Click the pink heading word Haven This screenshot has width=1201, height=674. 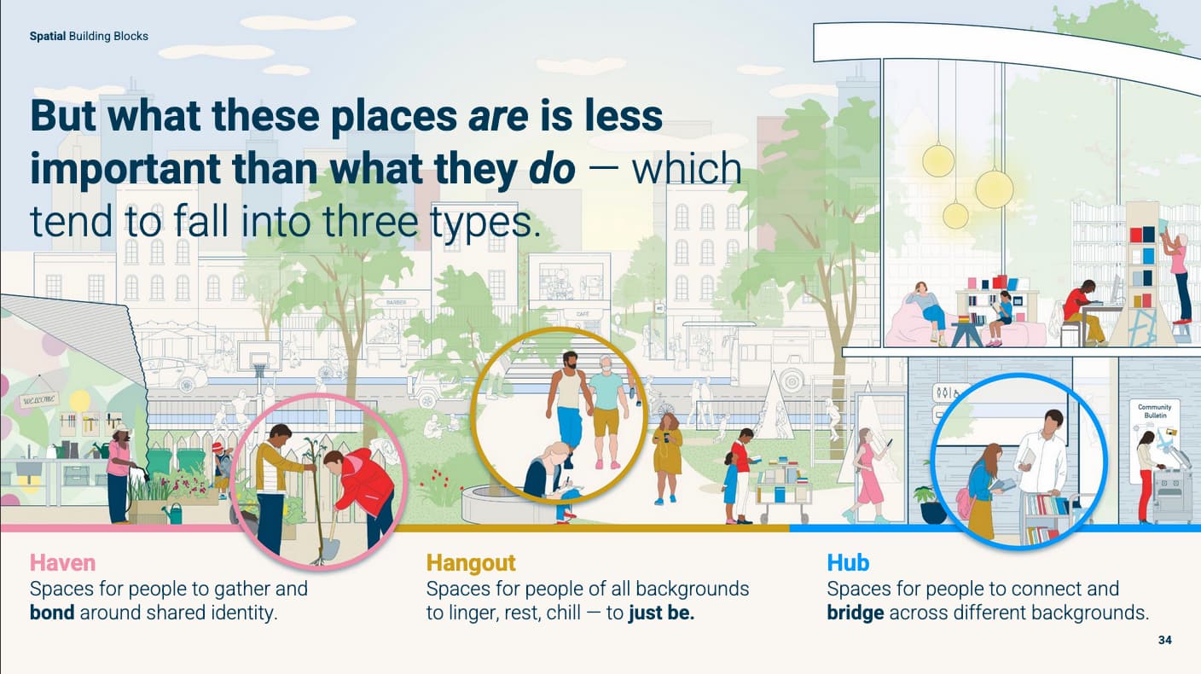click(x=62, y=563)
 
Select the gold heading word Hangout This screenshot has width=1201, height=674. click(x=471, y=563)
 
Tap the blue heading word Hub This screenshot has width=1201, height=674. click(x=848, y=563)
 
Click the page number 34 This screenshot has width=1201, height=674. click(x=1165, y=640)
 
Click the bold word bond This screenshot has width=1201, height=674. click(x=52, y=613)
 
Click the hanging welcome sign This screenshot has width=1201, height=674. click(x=39, y=399)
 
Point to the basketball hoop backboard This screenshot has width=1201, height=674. click(x=259, y=352)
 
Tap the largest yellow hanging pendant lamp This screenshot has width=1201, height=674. click(x=994, y=189)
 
